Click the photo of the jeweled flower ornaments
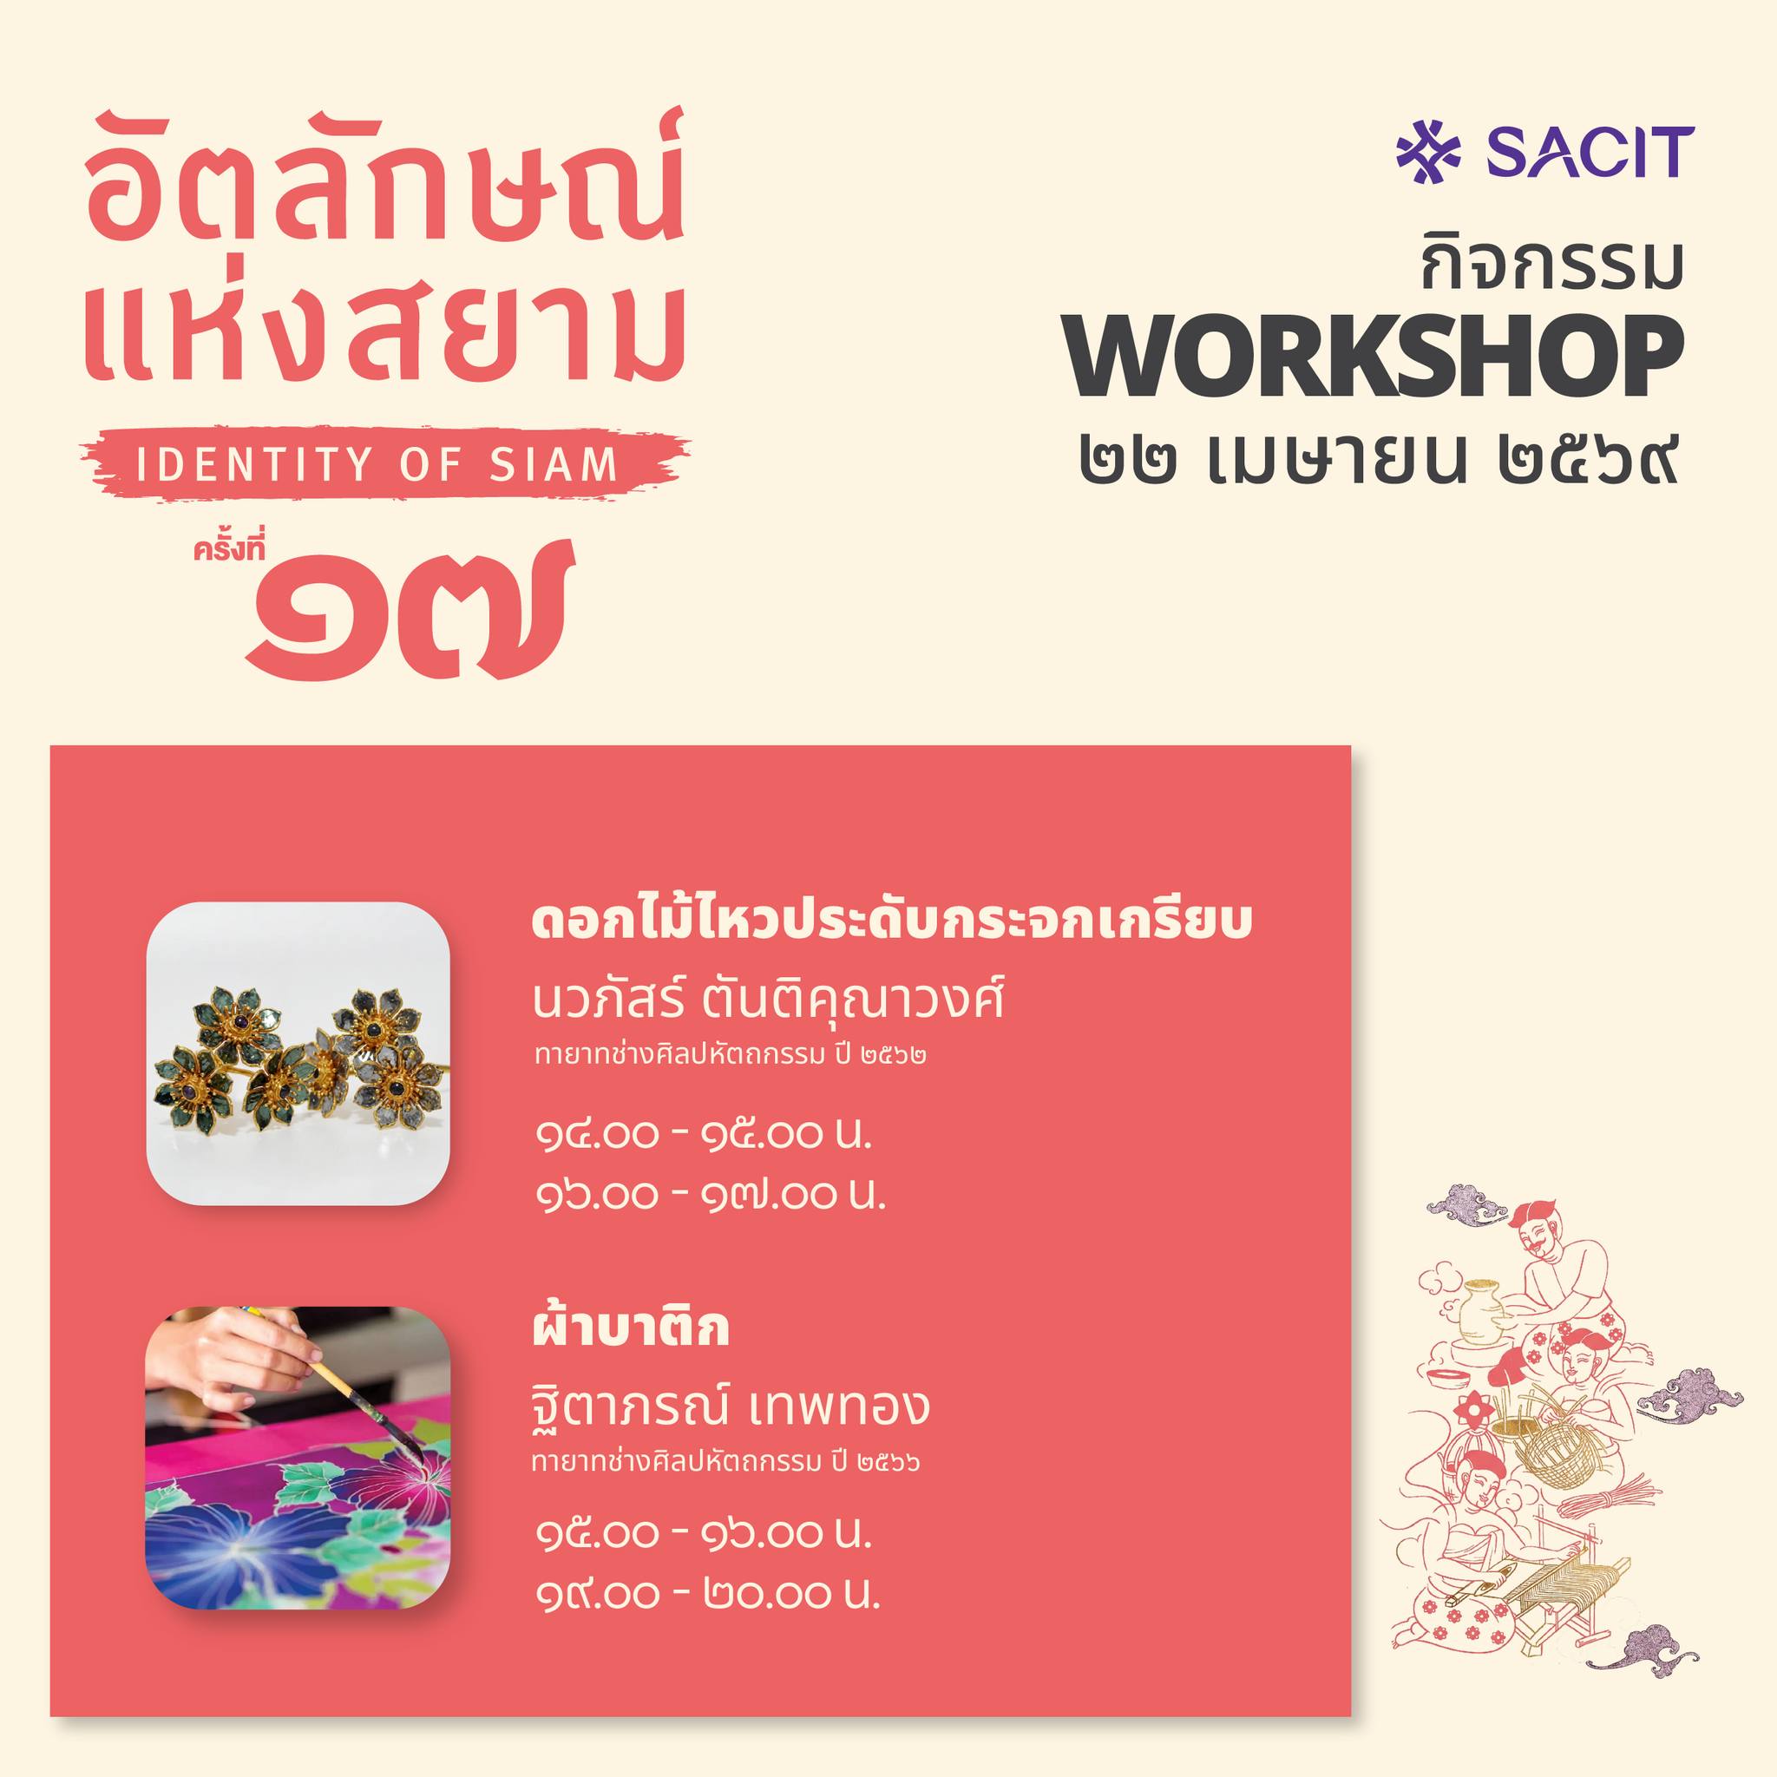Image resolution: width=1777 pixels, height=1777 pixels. pyautogui.click(x=298, y=1053)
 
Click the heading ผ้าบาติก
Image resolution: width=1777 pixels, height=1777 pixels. pyautogui.click(x=630, y=1329)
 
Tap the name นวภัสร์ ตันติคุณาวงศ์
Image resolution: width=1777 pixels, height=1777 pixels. pyautogui.click(x=768, y=1000)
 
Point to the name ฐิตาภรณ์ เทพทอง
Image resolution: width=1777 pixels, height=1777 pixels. pyautogui.click(x=731, y=1405)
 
